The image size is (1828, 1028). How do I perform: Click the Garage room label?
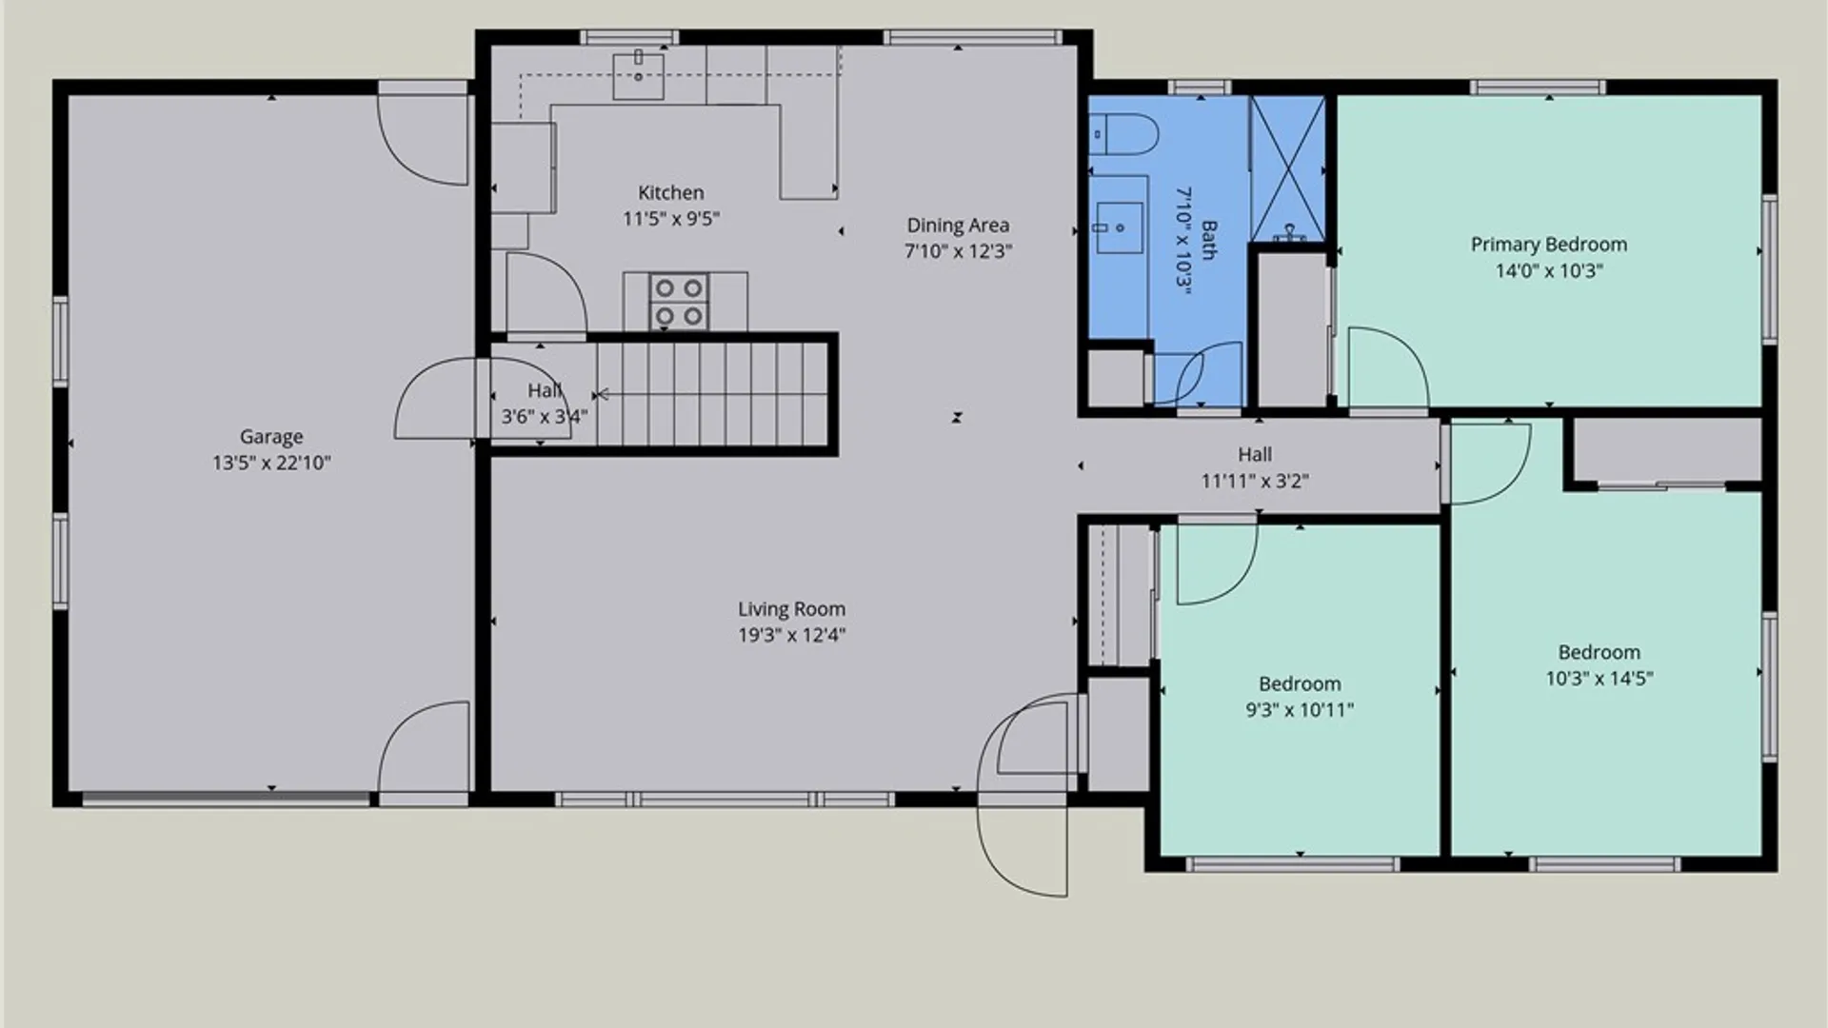point(271,437)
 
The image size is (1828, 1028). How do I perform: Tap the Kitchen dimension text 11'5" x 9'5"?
point(671,219)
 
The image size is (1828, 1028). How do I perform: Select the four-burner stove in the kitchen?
point(679,302)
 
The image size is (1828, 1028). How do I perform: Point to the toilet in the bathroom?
point(1123,135)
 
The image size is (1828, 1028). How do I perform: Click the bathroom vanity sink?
point(1120,227)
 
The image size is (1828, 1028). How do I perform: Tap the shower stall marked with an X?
point(1287,168)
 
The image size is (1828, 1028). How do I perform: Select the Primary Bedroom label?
point(1549,245)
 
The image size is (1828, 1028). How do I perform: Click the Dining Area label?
point(958,226)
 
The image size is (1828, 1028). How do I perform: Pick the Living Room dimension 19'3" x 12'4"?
point(792,635)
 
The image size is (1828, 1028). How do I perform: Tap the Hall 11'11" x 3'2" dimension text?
point(1255,481)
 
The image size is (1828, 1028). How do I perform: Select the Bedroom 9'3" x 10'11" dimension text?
point(1300,709)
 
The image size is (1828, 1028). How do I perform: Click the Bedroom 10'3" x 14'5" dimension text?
point(1599,678)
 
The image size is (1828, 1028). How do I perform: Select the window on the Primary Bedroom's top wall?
point(1538,88)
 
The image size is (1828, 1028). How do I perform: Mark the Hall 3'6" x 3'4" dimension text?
point(545,417)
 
